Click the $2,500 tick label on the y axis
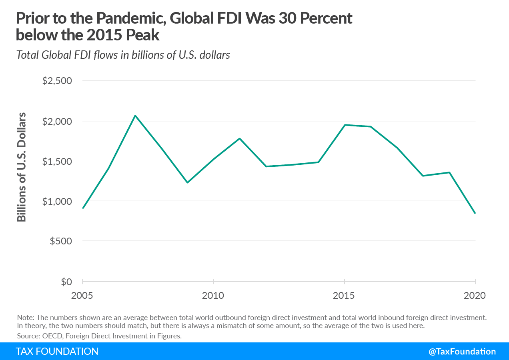[x=57, y=81]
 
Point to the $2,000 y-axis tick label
[x=57, y=121]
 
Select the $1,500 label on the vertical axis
[x=57, y=161]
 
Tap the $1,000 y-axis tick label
[x=57, y=201]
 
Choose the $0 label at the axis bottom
[x=66, y=282]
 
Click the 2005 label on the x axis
[x=82, y=296]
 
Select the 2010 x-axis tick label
[x=213, y=296]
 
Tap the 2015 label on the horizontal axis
[x=344, y=296]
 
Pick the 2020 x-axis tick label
[x=475, y=296]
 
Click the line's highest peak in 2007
[x=135, y=116]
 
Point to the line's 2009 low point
[x=187, y=182]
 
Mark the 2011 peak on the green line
[x=240, y=138]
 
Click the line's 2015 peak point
[x=345, y=125]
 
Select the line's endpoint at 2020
[x=475, y=213]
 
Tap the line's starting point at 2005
[x=83, y=208]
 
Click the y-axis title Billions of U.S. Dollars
[x=22, y=167]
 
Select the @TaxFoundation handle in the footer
[x=462, y=351]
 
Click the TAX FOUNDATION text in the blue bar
[x=57, y=351]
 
